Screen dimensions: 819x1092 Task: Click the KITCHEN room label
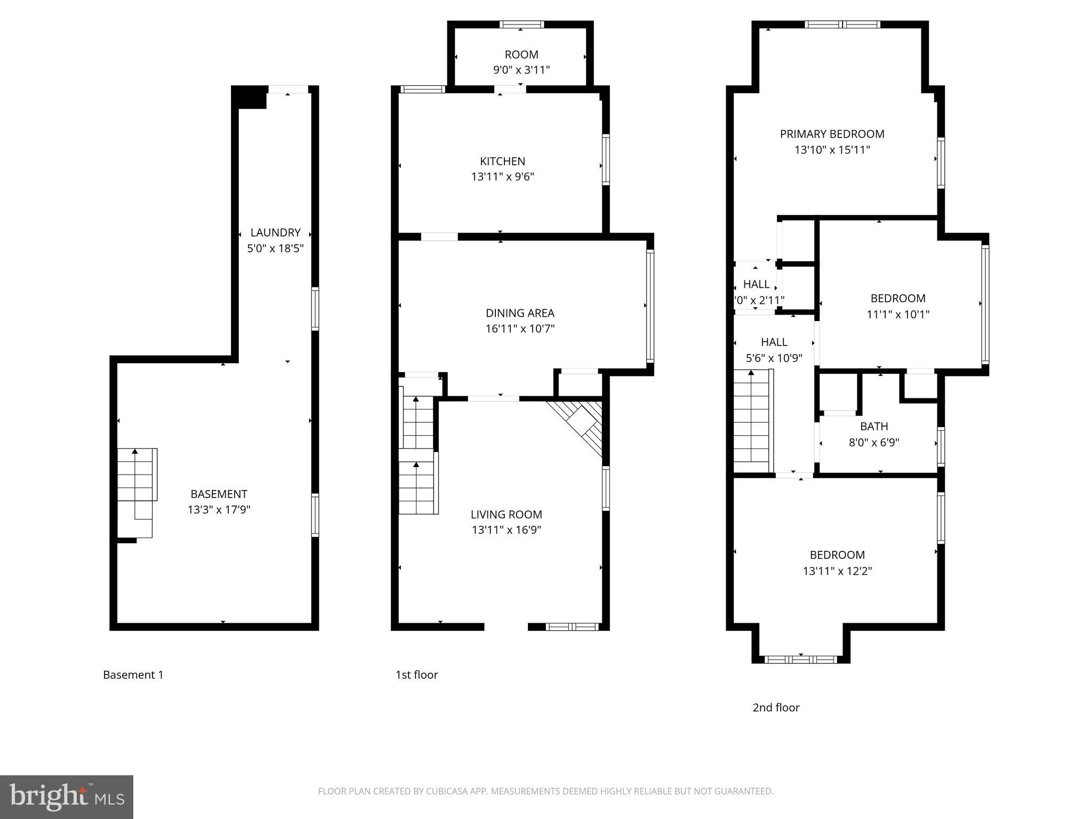coord(502,161)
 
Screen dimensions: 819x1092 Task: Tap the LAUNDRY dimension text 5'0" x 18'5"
coord(275,248)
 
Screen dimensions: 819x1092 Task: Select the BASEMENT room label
coord(219,494)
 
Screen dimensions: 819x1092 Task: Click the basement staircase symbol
coord(136,491)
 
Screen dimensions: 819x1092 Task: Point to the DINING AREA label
coord(520,313)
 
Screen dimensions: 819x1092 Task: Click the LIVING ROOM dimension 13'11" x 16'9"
coord(506,530)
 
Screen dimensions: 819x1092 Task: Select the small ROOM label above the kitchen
coord(521,54)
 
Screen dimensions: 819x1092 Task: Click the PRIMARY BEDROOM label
coord(832,134)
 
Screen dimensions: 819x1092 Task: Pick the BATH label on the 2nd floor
coord(873,426)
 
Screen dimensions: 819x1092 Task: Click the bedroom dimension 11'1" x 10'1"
coord(897,315)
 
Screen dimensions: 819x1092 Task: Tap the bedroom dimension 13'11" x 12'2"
coord(837,571)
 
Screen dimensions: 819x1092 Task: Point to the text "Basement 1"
coord(133,675)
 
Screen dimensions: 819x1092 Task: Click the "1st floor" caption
coord(416,675)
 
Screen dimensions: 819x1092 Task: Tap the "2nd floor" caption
coord(776,708)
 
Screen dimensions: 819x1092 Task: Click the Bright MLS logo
coord(66,797)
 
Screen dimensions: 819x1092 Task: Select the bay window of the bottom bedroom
coord(800,660)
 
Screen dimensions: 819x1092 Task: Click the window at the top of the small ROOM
coord(521,24)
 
